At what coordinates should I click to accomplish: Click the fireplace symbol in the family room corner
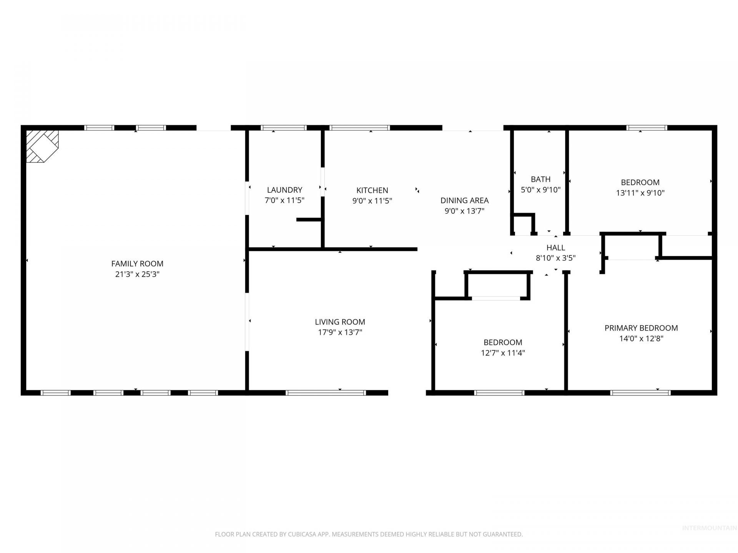(42, 146)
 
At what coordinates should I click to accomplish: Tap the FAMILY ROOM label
(137, 264)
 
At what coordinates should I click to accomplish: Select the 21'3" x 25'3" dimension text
(137, 274)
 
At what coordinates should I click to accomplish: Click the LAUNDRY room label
(284, 190)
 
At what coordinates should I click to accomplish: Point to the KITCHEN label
(372, 190)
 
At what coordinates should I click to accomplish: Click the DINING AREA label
(464, 200)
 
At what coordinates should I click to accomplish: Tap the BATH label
(540, 179)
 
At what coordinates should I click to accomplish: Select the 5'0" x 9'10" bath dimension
(540, 190)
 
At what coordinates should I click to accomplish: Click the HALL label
(556, 248)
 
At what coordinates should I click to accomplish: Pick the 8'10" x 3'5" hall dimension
(556, 258)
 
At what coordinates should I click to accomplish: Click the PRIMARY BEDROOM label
(641, 328)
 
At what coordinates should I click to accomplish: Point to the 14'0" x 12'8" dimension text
(641, 339)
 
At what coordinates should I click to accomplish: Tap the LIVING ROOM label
(340, 322)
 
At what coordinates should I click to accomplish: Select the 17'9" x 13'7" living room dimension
(340, 332)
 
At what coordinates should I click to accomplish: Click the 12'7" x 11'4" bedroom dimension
(503, 353)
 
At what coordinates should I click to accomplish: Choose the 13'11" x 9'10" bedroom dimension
(640, 193)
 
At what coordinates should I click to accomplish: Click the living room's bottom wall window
(326, 392)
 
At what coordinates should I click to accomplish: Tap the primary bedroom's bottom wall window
(640, 392)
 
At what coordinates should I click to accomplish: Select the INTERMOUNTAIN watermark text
(709, 528)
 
